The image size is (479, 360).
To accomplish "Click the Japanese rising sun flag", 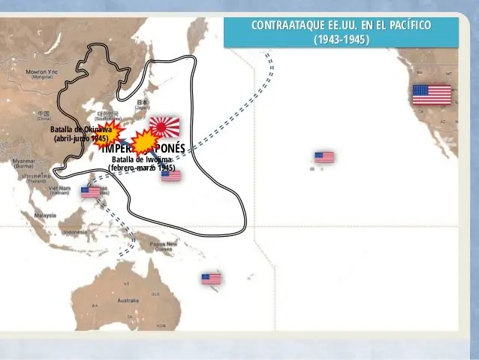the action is click(x=164, y=126).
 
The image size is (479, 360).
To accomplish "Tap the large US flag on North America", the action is click(x=432, y=95).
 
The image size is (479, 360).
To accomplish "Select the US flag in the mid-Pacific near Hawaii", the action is click(x=324, y=157).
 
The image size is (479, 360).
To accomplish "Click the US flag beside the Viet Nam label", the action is click(x=90, y=191).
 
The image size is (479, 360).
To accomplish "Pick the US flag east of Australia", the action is click(x=211, y=279).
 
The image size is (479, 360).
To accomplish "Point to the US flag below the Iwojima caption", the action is click(x=171, y=176).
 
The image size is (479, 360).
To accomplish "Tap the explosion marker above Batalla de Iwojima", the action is click(x=143, y=141).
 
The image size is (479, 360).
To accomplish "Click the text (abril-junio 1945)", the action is click(x=81, y=139).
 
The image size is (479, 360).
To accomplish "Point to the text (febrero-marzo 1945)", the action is click(x=143, y=168).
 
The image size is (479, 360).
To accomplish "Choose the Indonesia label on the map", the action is click(x=74, y=232).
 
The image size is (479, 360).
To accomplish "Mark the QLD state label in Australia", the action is click(x=155, y=293).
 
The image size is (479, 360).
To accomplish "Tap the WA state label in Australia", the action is click(x=95, y=305).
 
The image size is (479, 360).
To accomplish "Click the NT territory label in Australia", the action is click(x=125, y=283).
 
